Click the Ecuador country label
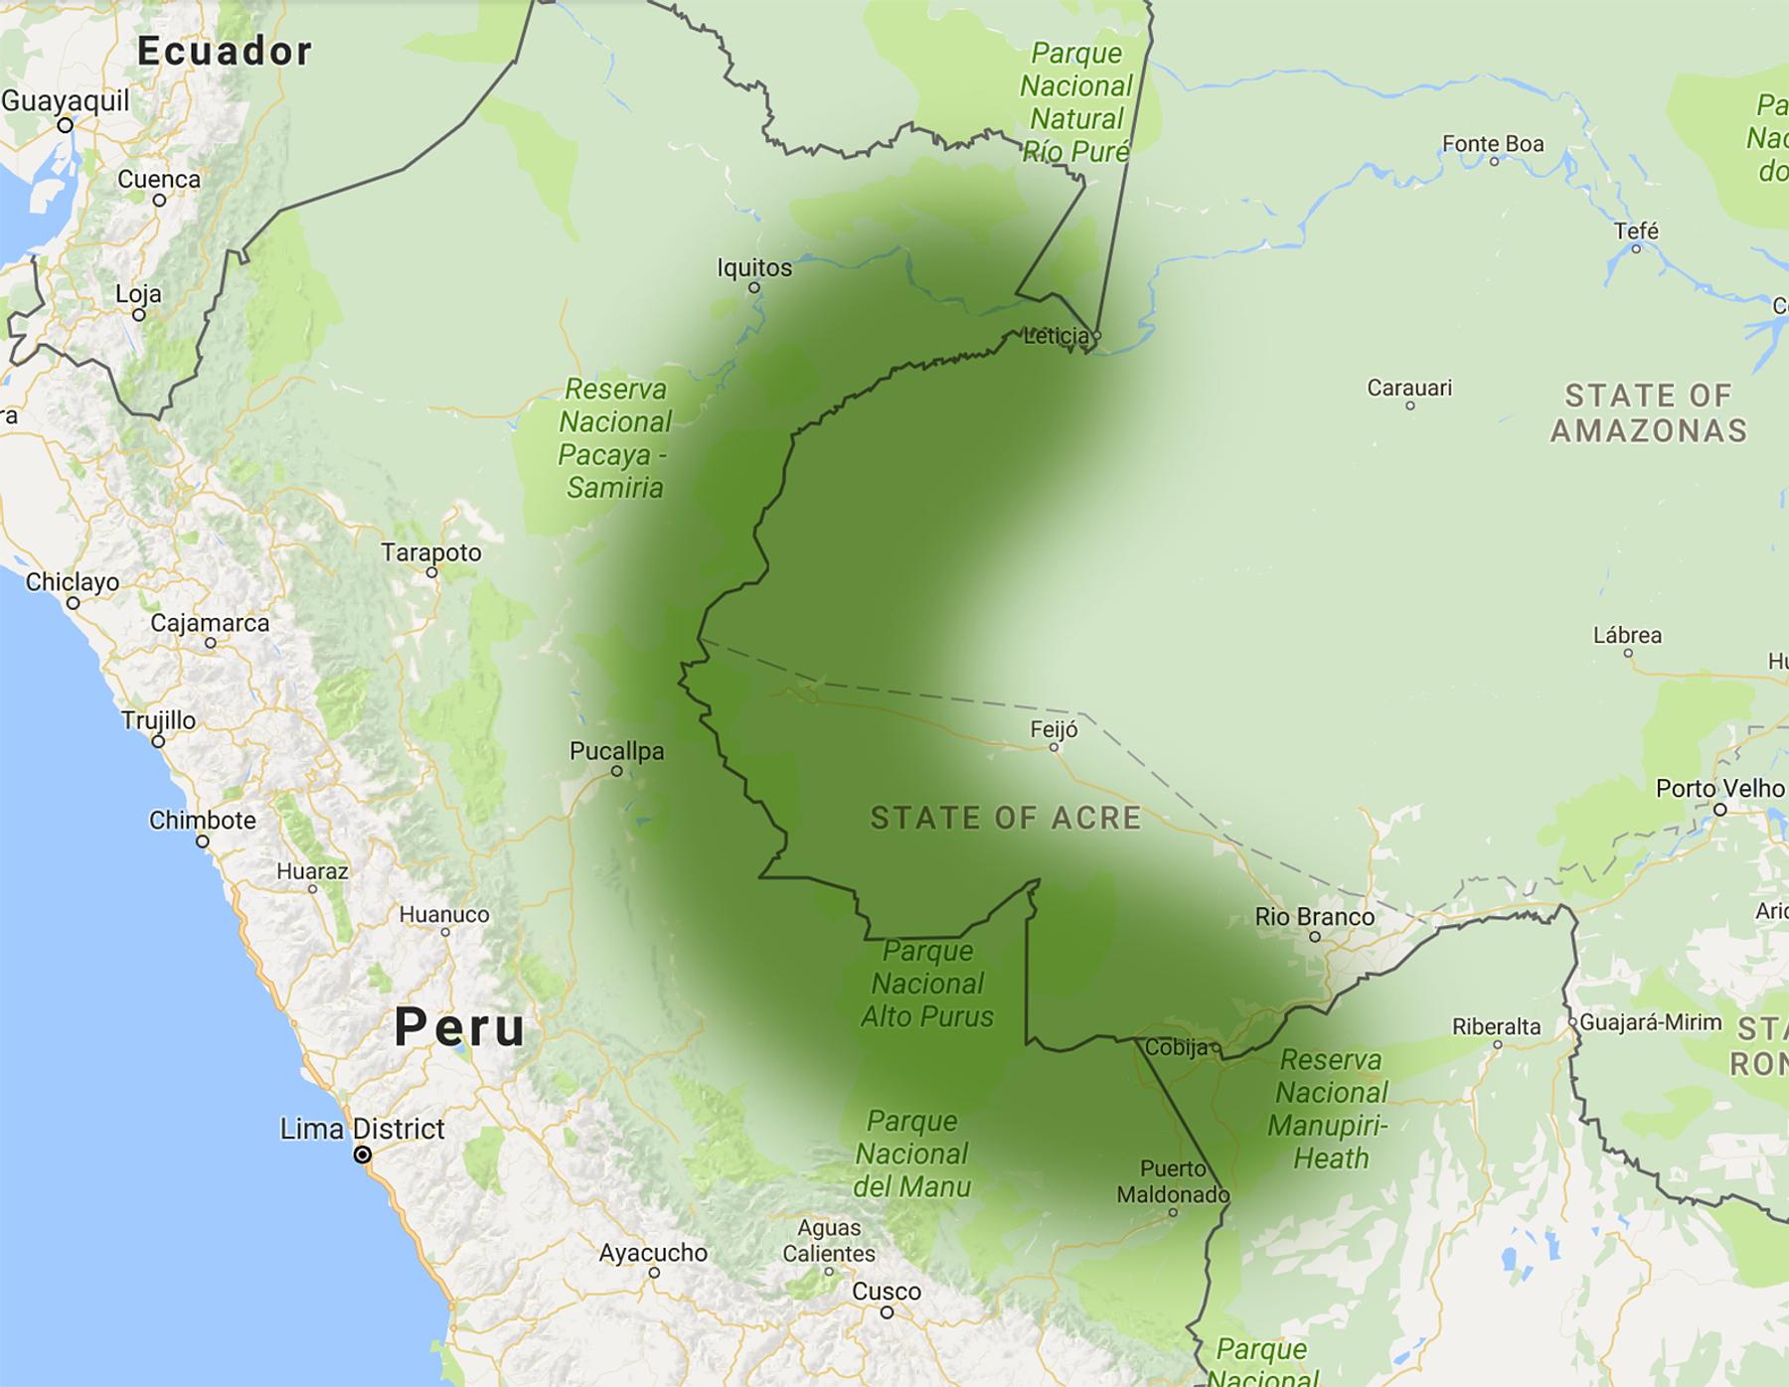click(x=225, y=51)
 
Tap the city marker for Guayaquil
click(x=65, y=125)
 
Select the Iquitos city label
click(x=754, y=268)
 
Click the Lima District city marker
click(x=363, y=1155)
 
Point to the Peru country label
click(x=459, y=1026)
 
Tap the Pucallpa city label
click(x=616, y=751)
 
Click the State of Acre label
click(x=1006, y=818)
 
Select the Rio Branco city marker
click(x=1314, y=937)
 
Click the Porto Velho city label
click(x=1720, y=789)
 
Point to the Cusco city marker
click(x=887, y=1311)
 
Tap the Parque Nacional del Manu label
click(x=911, y=1154)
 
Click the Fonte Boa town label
click(x=1493, y=144)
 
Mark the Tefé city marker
click(x=1636, y=248)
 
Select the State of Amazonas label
click(x=1648, y=412)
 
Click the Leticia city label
click(x=1056, y=336)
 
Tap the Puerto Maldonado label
click(x=1173, y=1181)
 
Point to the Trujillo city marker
click(x=158, y=741)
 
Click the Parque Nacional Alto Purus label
click(x=926, y=984)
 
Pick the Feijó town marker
click(x=1054, y=747)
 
